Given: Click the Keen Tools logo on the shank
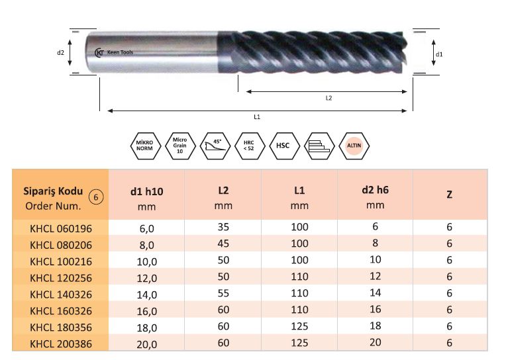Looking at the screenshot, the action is (114, 52).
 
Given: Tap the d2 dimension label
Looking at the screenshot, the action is (60, 52).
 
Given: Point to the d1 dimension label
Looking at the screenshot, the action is (439, 54).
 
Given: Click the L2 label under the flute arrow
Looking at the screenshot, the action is (329, 98).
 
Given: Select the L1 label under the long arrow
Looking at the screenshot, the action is (257, 116).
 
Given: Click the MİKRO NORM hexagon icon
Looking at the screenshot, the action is (145, 146).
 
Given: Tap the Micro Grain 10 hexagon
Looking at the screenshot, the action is (180, 146).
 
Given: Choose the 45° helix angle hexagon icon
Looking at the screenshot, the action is (215, 146).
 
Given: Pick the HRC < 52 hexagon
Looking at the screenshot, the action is (250, 146).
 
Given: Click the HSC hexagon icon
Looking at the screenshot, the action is (284, 146).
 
